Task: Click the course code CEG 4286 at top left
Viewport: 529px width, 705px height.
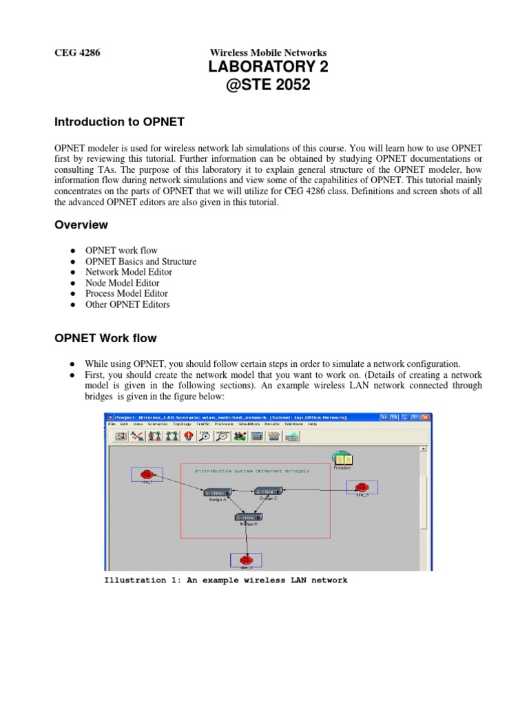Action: (x=77, y=52)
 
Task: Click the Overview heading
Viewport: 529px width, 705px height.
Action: (x=81, y=224)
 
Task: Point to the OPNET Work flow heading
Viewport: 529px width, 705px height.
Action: (x=105, y=338)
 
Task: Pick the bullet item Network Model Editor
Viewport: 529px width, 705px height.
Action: (x=129, y=272)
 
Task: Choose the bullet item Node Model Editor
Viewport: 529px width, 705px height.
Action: (x=122, y=283)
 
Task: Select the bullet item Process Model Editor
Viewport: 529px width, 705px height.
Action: (x=127, y=293)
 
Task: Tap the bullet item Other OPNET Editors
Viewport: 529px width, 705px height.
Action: (x=127, y=304)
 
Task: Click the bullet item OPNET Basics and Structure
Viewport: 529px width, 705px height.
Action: (x=141, y=262)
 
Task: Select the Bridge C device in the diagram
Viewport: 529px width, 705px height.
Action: (x=267, y=491)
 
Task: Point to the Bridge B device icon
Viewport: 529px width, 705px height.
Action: (x=247, y=516)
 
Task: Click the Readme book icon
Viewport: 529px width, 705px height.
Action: (x=342, y=459)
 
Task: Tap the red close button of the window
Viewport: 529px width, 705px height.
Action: (x=426, y=417)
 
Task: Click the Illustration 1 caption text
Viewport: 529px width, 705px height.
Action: (x=226, y=580)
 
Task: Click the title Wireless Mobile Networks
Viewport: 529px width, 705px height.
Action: (x=268, y=52)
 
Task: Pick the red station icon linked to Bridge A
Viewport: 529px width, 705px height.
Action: (x=147, y=474)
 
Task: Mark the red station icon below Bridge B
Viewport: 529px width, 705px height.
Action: (x=246, y=560)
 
